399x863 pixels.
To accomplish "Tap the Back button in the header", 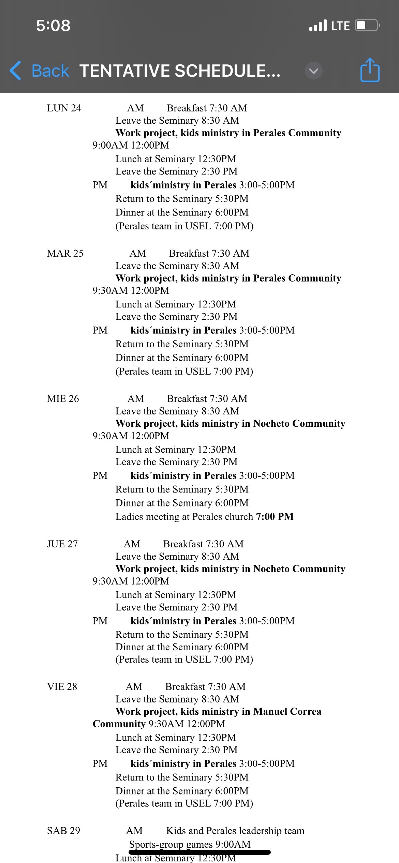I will pyautogui.click(x=40, y=71).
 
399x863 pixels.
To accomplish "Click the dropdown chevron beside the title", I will pyautogui.click(x=313, y=71).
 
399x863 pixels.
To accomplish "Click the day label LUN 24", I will pyautogui.click(x=64, y=108).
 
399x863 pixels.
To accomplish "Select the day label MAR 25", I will pyautogui.click(x=65, y=253).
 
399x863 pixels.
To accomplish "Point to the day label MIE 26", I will pyautogui.click(x=63, y=398).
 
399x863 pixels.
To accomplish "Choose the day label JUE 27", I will pyautogui.click(x=62, y=544).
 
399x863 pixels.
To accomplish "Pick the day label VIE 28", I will pyautogui.click(x=62, y=686).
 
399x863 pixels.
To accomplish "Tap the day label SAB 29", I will pyautogui.click(x=63, y=831).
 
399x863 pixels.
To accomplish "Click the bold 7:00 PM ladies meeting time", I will pyautogui.click(x=275, y=517).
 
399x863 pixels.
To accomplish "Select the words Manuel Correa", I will pyautogui.click(x=287, y=711).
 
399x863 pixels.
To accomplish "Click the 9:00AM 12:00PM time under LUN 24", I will pyautogui.click(x=131, y=145).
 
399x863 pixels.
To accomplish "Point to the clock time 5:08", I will pyautogui.click(x=53, y=26).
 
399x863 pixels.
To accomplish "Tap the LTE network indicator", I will pyautogui.click(x=340, y=26).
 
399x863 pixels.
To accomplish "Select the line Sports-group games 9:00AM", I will pyautogui.click(x=190, y=844).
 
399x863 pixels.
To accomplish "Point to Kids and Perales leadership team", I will pyautogui.click(x=235, y=831).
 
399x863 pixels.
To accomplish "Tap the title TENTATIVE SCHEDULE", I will pyautogui.click(x=180, y=71).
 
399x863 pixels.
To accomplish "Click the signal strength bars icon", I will pyautogui.click(x=318, y=26).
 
